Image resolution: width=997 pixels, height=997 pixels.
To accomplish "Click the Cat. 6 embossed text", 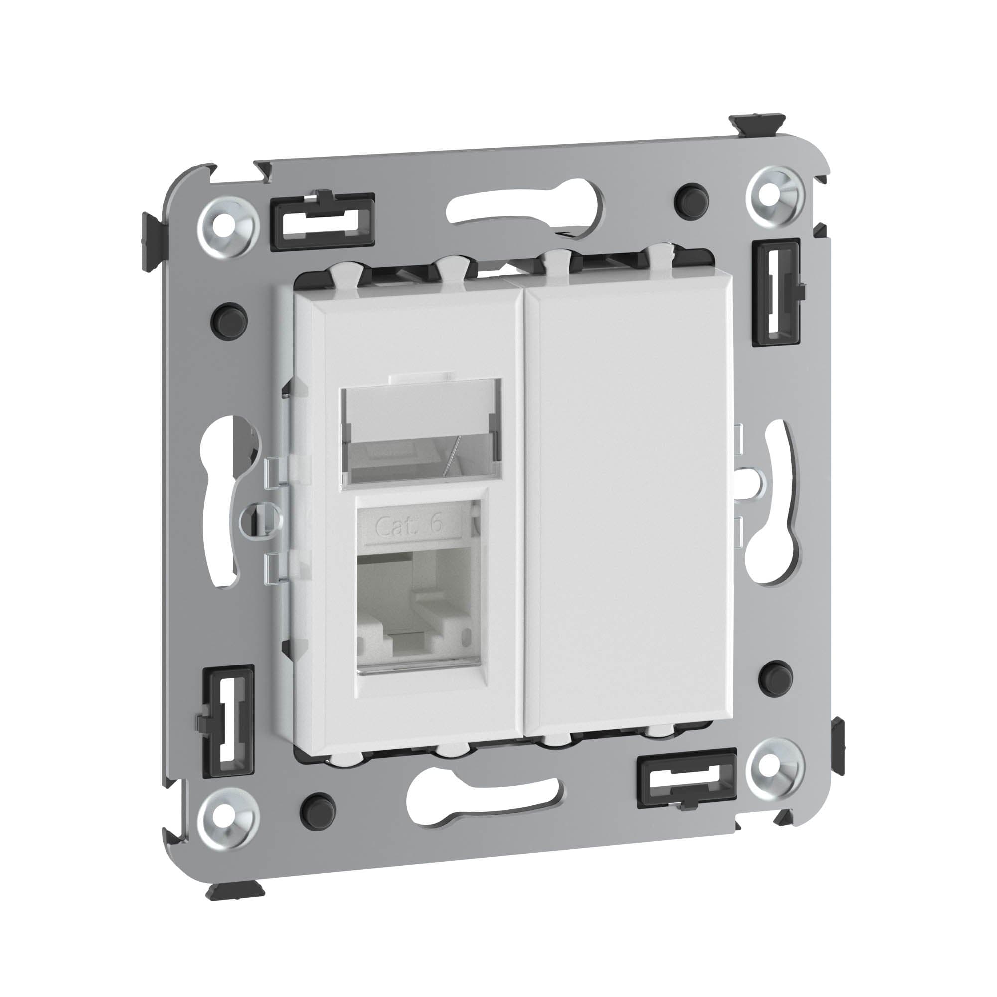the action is point(409,525).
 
